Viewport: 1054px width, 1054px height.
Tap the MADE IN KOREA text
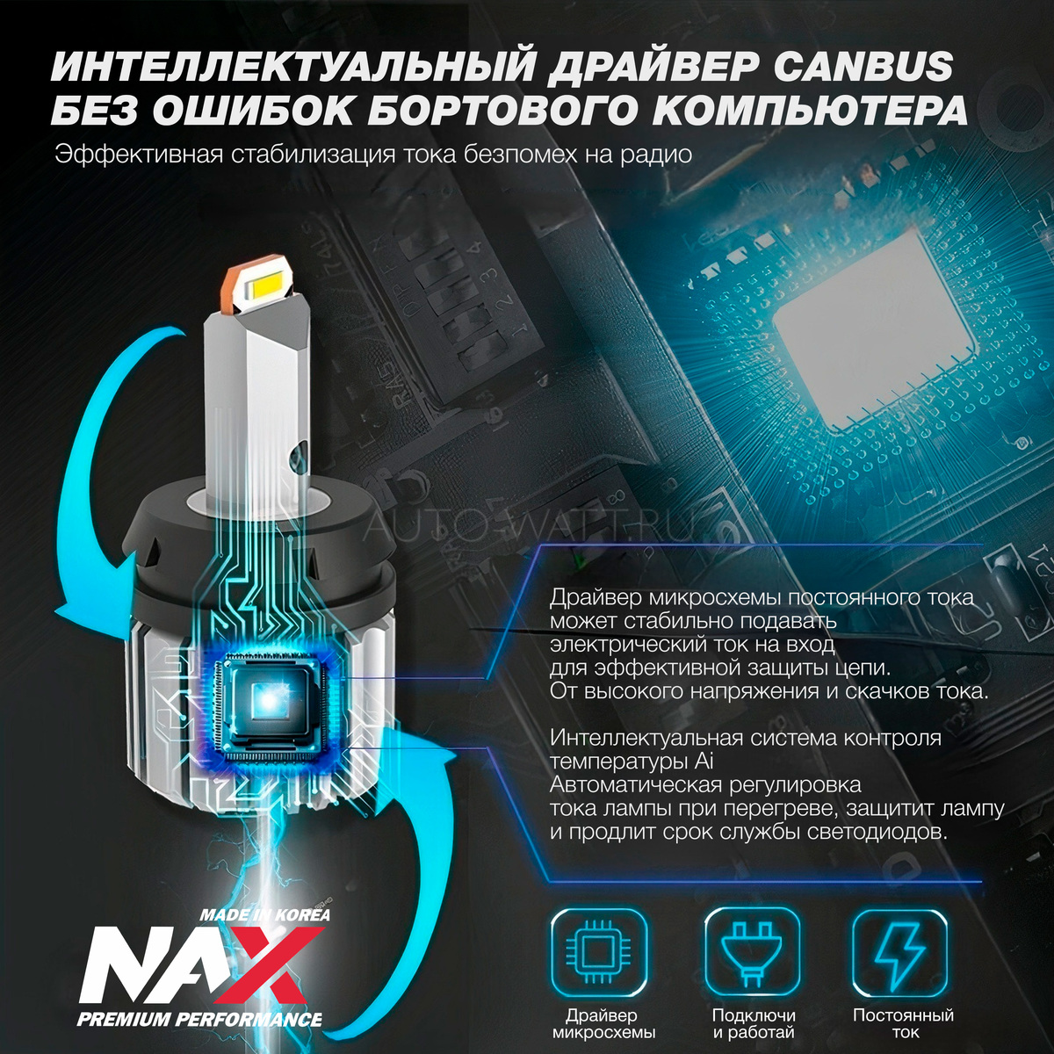(x=264, y=914)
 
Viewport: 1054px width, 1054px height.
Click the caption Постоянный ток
(x=903, y=1023)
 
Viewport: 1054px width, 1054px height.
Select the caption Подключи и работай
(x=753, y=1023)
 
